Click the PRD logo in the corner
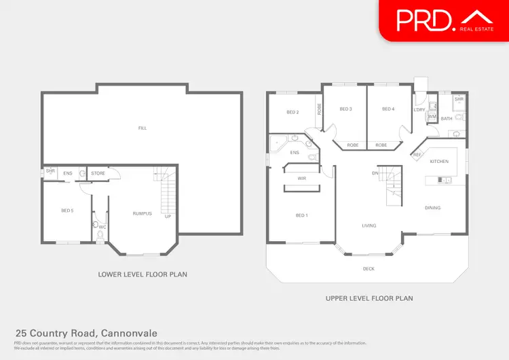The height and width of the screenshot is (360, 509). (444, 20)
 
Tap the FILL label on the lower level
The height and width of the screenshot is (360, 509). (142, 128)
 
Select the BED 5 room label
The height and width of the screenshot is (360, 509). (67, 211)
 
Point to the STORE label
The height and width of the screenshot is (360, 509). (98, 174)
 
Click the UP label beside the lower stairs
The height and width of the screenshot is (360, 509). (168, 217)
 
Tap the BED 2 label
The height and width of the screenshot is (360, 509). (293, 112)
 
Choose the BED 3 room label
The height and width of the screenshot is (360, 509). (345, 109)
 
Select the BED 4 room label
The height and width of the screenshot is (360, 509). (388, 109)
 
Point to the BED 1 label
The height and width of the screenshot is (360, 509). (301, 215)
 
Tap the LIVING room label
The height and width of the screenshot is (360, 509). (369, 226)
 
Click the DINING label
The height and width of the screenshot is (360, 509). (432, 208)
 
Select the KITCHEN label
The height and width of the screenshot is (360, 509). (439, 161)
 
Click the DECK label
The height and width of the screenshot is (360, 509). (369, 269)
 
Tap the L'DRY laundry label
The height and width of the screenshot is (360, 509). (419, 109)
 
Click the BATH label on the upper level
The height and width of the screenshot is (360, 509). (447, 119)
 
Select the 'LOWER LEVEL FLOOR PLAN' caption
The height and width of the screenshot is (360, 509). (143, 274)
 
